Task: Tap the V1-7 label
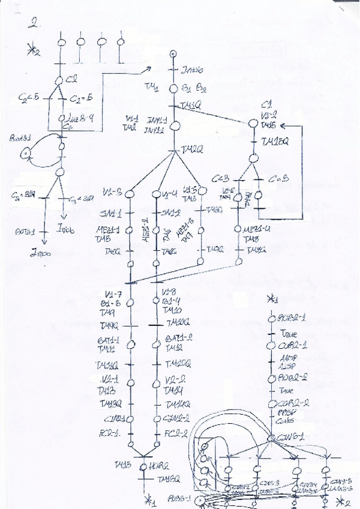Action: pos(112,293)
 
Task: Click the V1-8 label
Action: pos(169,292)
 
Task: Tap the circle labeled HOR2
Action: pos(143,466)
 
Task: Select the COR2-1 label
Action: pos(292,346)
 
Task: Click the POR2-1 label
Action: pos(292,317)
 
